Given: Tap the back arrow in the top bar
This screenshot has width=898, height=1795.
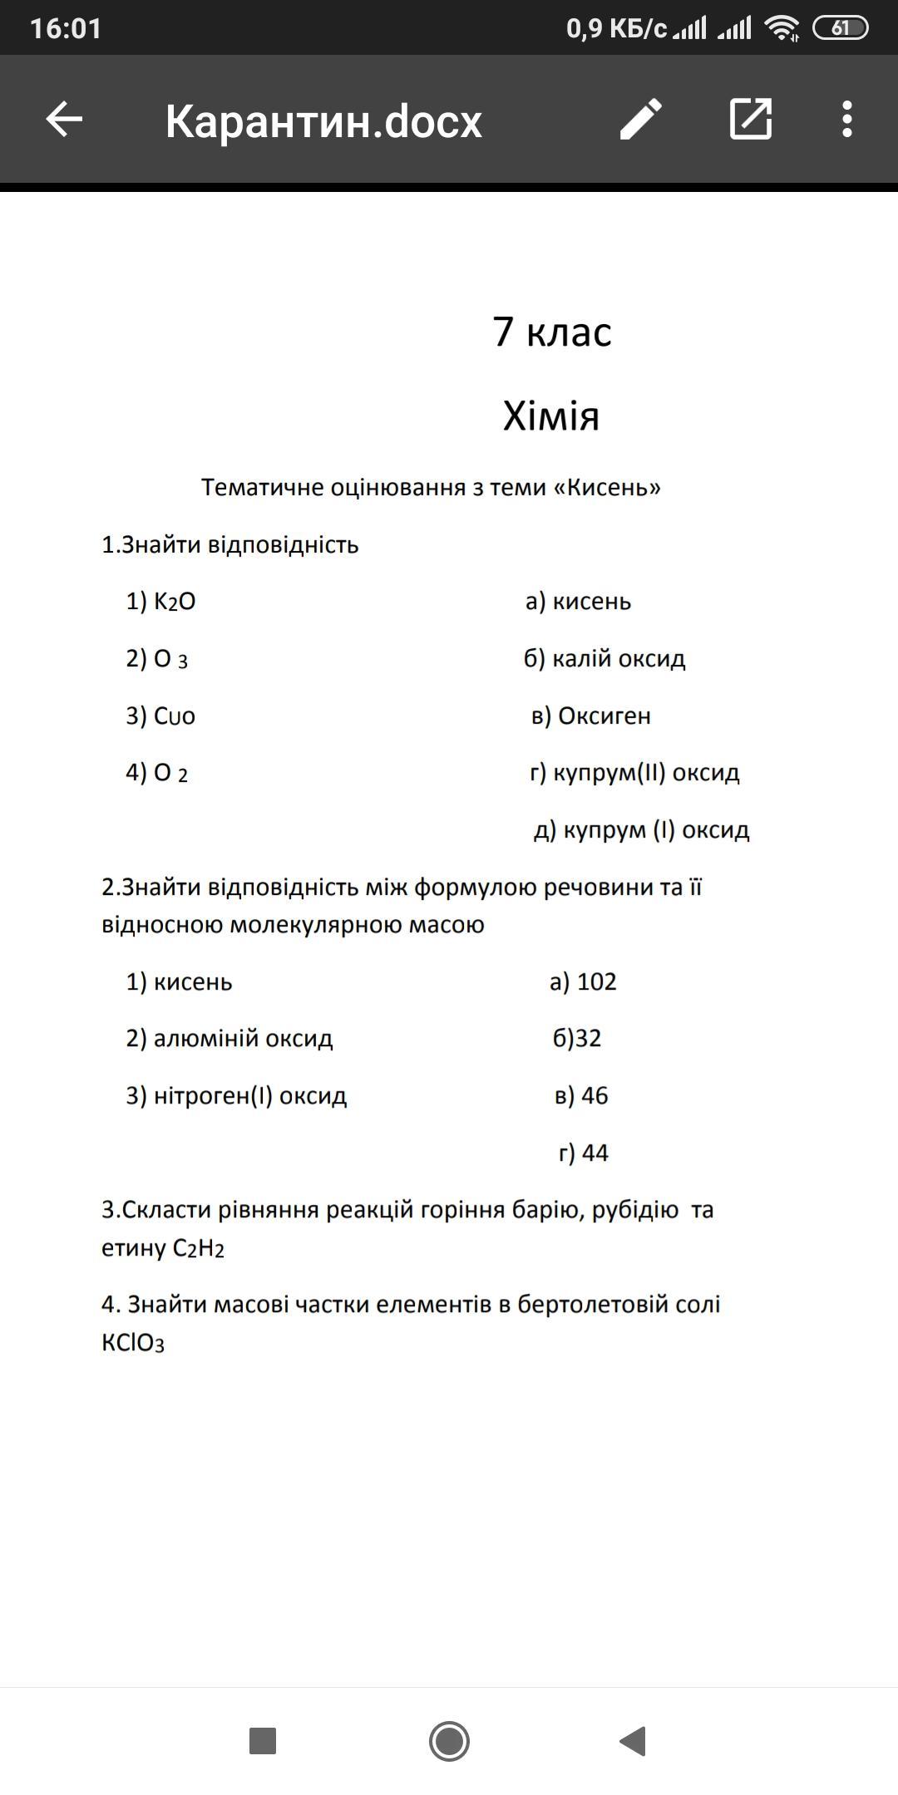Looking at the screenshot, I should coord(64,120).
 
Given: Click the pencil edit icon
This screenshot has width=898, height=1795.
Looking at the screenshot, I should coord(641,120).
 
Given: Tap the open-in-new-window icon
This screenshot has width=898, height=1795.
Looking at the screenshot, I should coord(751,120).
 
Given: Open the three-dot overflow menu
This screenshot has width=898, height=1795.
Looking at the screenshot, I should coord(846,120).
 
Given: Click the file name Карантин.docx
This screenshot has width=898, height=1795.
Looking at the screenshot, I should coord(323,121).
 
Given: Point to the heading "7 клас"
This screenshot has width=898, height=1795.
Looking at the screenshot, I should coord(552,332).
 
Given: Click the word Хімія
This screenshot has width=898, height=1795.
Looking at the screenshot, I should coord(550,416).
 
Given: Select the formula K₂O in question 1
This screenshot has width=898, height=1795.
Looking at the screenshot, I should coord(175,602).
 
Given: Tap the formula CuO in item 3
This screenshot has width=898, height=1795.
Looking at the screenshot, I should coord(175,716).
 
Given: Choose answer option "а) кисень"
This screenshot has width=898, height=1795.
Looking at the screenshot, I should coord(578,601).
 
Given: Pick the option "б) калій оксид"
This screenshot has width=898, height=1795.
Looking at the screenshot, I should coord(604,658).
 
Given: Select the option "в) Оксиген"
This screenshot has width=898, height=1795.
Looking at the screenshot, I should coord(590,716).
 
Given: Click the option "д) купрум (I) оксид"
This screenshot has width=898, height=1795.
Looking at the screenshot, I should coord(641,829).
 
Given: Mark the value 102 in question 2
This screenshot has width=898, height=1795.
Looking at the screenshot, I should coord(596,981).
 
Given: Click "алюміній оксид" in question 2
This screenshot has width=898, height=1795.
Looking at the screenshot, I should coord(243,1038).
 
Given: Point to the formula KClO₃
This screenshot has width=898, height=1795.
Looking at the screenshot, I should coord(133,1343).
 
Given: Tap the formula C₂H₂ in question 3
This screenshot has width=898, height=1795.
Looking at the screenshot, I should coord(199,1248).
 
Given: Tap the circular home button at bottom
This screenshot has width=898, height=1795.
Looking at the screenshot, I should coord(449,1740).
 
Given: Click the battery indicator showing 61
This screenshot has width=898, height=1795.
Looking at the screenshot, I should coord(840,28).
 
